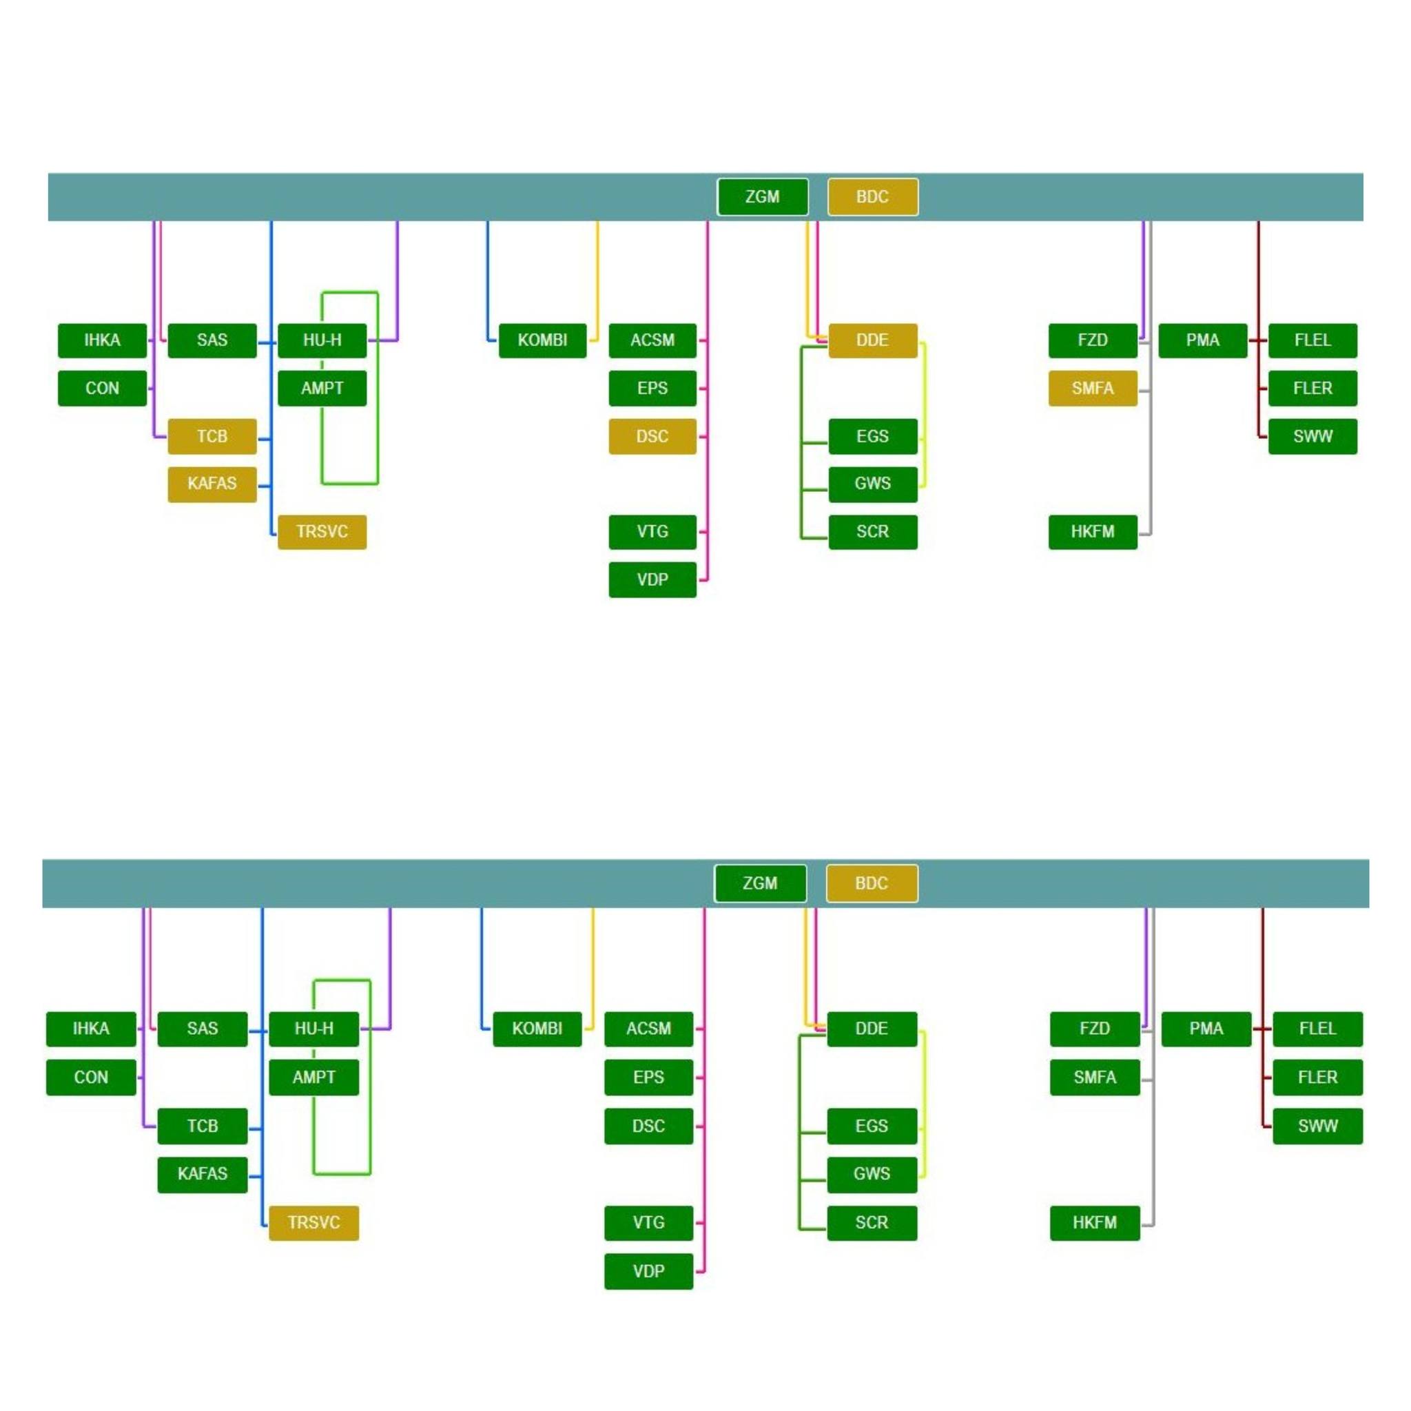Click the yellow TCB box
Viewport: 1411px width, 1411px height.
(x=212, y=436)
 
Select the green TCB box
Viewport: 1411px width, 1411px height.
(x=203, y=1126)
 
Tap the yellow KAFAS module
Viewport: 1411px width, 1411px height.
(x=212, y=484)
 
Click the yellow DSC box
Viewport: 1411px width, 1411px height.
(x=652, y=436)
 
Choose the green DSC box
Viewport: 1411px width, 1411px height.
(x=648, y=1126)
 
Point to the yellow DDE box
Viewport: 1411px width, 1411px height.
(x=873, y=340)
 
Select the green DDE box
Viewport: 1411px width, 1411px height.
(x=872, y=1029)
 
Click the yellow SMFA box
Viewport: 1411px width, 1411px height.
(x=1093, y=388)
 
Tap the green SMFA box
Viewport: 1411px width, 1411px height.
(x=1095, y=1078)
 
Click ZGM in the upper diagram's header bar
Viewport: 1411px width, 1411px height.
(x=763, y=196)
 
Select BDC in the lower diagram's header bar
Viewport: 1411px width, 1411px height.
(x=872, y=883)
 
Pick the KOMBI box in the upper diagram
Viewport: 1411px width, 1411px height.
(x=543, y=340)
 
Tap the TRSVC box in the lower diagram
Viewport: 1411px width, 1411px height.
(x=314, y=1223)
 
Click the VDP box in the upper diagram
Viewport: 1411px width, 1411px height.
(x=652, y=579)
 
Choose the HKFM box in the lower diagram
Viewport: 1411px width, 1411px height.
(x=1095, y=1223)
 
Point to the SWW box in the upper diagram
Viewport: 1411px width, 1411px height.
(x=1312, y=436)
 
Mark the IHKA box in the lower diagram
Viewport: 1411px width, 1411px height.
(x=90, y=1029)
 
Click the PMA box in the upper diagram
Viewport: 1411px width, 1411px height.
(x=1203, y=340)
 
